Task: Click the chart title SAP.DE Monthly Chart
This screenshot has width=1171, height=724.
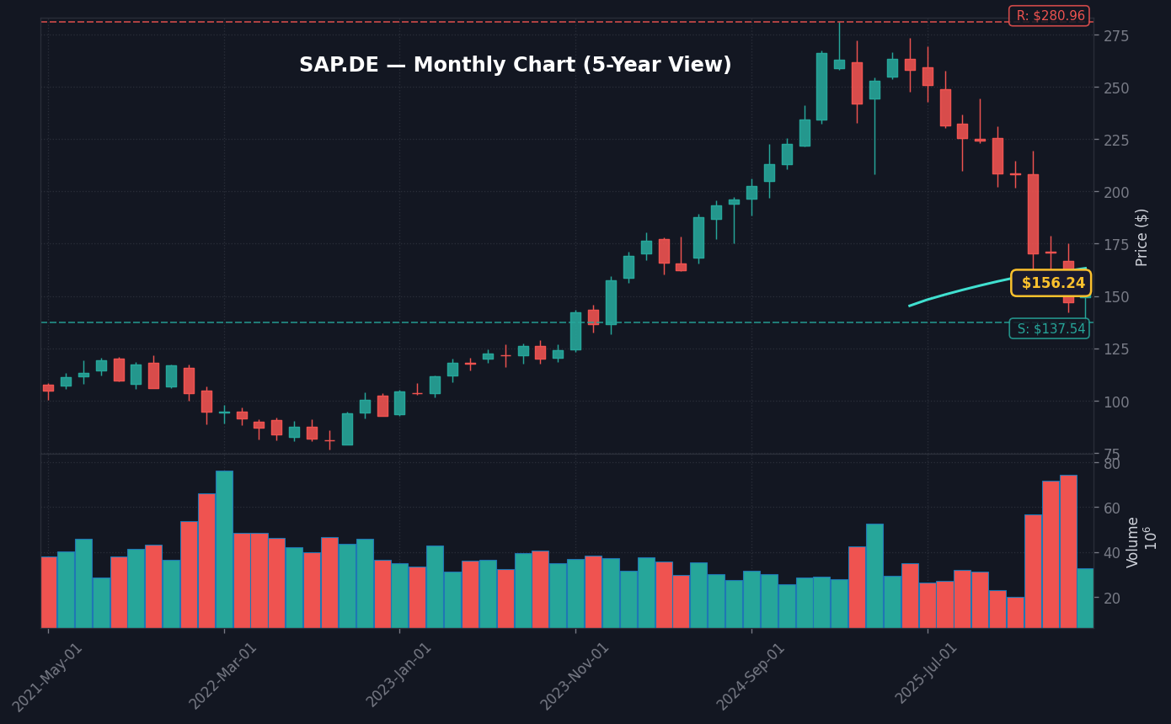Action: pos(515,66)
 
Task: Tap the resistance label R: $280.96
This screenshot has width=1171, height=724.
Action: pos(1049,16)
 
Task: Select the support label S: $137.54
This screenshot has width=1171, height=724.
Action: pos(1049,329)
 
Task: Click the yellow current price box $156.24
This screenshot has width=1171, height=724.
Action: pos(1051,284)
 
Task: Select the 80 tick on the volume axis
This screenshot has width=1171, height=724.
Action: pos(1112,464)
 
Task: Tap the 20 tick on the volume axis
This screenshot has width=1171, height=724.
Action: pos(1112,598)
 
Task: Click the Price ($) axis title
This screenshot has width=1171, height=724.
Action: pos(1142,237)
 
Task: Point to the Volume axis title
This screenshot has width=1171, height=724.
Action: pos(1133,542)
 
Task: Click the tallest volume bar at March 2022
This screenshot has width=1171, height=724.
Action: pos(224,549)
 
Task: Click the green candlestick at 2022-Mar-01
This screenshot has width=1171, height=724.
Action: pos(224,413)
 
